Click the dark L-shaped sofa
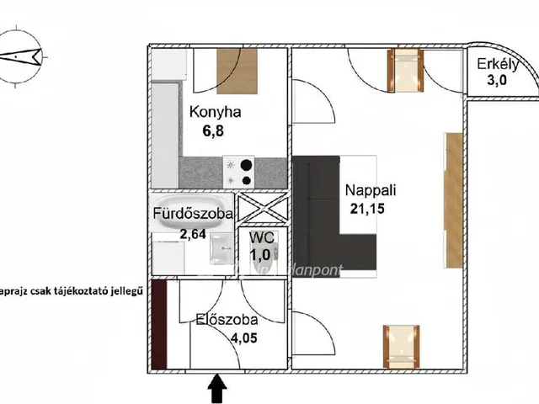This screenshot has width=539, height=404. click(x=324, y=214)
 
